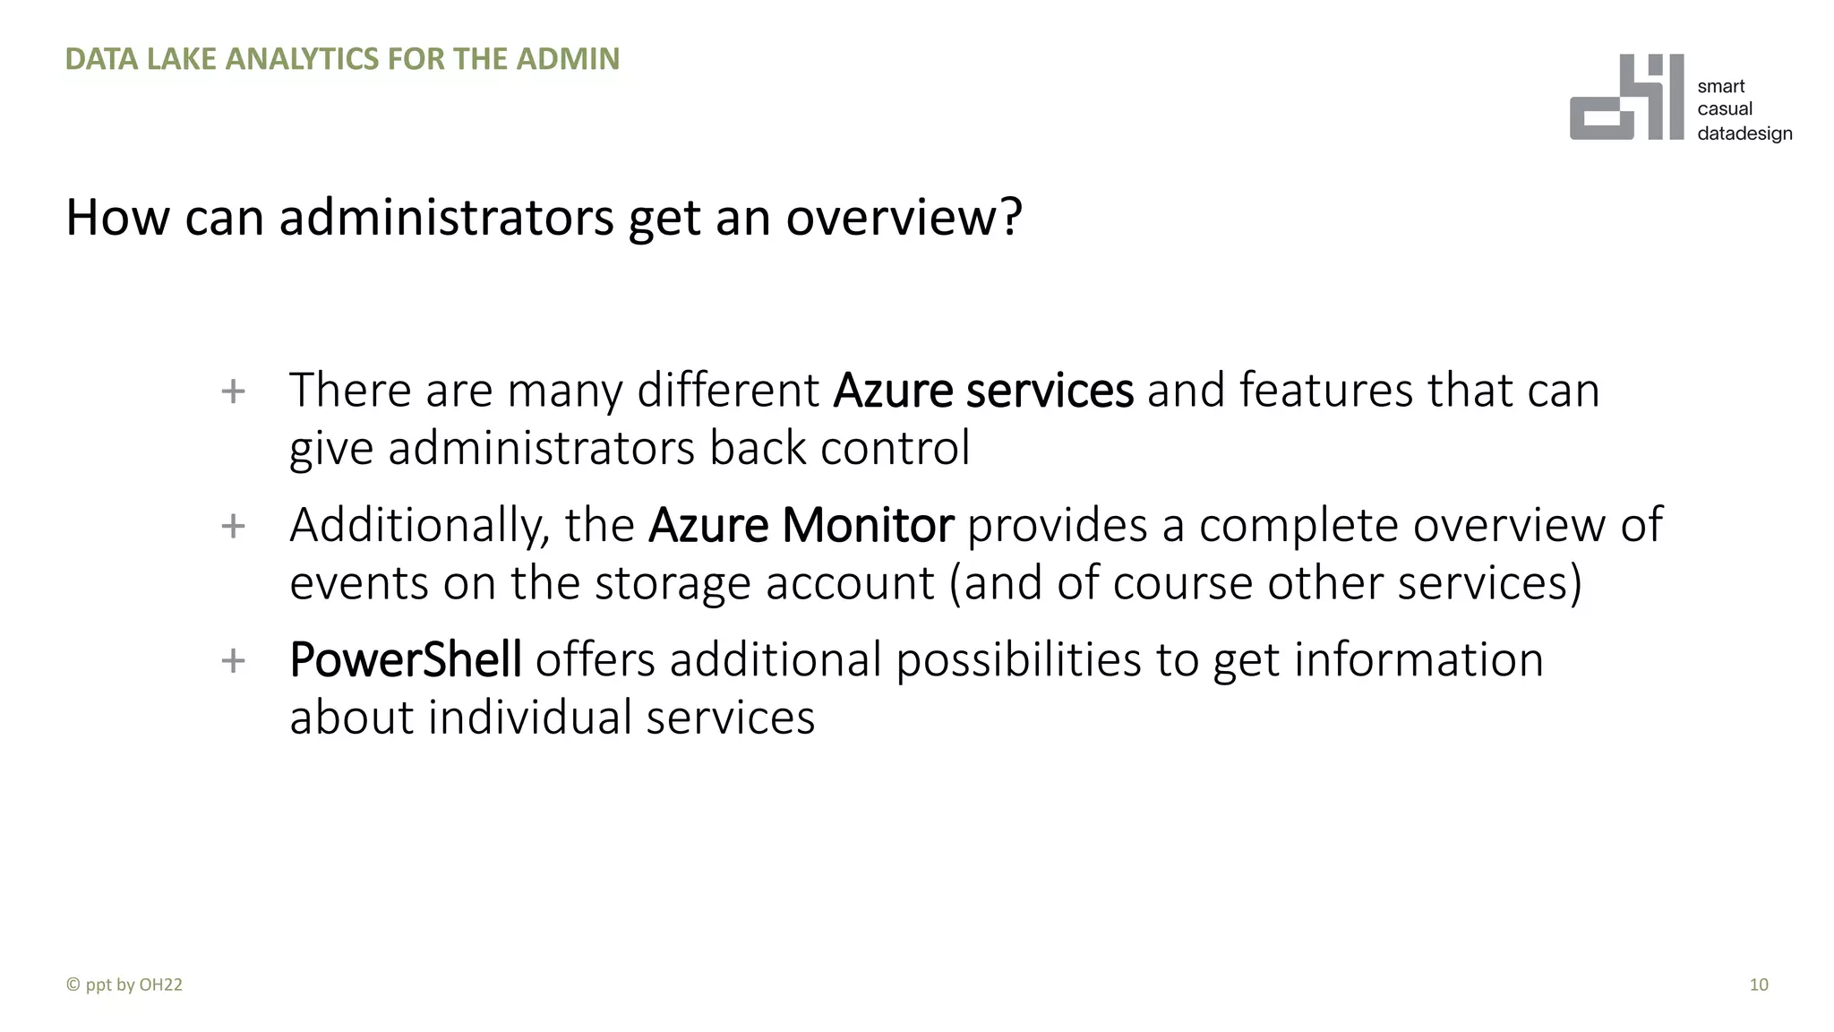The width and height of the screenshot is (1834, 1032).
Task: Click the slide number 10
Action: click(1758, 985)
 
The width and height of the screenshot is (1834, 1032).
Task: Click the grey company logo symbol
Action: click(1625, 98)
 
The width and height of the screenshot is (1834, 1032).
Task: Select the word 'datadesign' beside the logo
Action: click(1744, 133)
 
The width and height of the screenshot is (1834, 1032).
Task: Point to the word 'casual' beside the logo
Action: click(1725, 109)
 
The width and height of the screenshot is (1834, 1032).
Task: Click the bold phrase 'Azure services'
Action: click(982, 391)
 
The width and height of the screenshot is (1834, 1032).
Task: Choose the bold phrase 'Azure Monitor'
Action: click(801, 525)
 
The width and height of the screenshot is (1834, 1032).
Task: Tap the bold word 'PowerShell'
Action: click(406, 660)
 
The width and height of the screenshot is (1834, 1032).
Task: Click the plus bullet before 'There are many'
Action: click(233, 391)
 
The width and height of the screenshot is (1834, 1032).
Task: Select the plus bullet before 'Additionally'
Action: click(233, 526)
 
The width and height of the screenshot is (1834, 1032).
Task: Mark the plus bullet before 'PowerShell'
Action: click(233, 661)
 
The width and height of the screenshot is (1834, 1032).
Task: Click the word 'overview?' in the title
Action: click(904, 218)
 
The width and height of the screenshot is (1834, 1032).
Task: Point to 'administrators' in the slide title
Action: click(446, 218)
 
